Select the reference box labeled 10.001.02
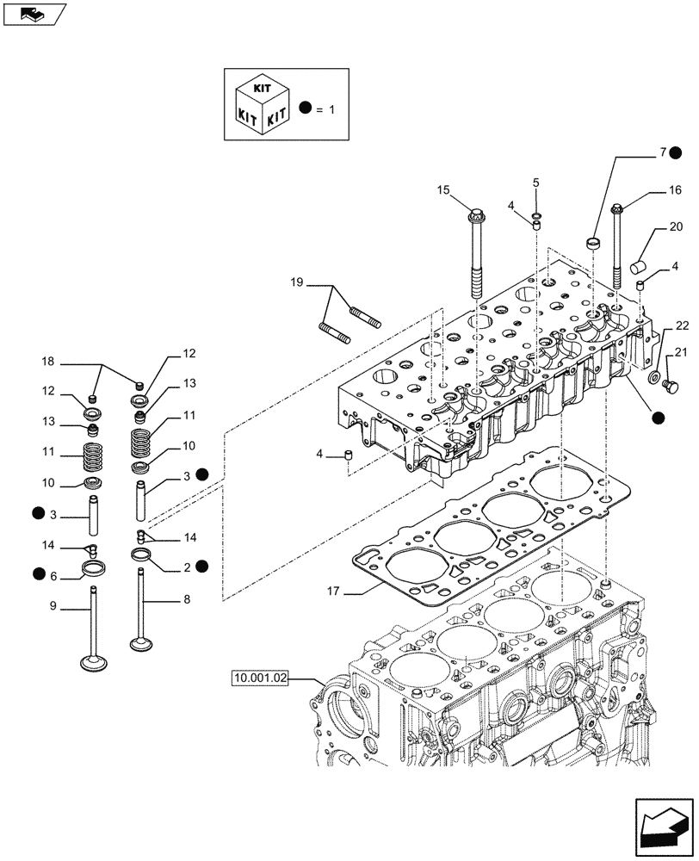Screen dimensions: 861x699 pos(259,679)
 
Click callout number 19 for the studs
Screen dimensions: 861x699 pos(296,282)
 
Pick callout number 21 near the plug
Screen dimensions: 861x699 pos(682,351)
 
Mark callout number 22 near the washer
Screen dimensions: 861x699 pos(682,325)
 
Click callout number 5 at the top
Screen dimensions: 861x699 pos(535,183)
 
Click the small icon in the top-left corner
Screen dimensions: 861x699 pos(34,14)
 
